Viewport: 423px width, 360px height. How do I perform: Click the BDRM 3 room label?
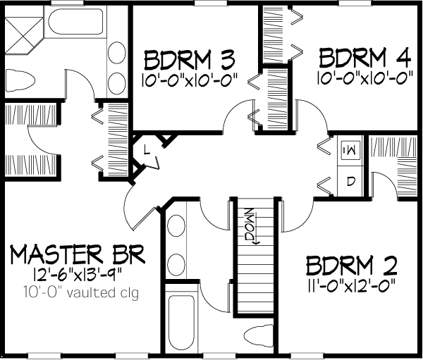(x=190, y=59)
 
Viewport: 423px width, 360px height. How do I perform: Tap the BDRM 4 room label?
(x=365, y=58)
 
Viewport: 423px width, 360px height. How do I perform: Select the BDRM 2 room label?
(x=352, y=265)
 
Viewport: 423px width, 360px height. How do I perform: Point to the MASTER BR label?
(x=78, y=254)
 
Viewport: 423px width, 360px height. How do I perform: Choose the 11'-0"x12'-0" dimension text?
(x=352, y=285)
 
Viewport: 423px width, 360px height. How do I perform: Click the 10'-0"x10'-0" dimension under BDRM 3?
(x=190, y=80)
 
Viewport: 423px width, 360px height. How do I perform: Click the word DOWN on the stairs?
(x=250, y=224)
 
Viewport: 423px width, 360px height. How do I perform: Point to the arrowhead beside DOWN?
(x=255, y=242)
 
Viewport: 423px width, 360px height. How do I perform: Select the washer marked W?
(x=350, y=149)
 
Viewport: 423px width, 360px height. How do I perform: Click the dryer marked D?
(x=350, y=180)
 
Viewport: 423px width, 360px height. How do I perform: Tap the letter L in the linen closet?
(x=146, y=149)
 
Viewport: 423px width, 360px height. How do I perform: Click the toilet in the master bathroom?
(x=20, y=80)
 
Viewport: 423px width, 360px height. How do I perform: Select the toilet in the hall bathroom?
(x=259, y=337)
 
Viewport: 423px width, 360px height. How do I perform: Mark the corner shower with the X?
(x=24, y=35)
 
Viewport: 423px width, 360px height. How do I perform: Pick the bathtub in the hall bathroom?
(x=181, y=321)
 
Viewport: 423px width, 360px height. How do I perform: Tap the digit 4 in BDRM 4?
(x=404, y=58)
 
